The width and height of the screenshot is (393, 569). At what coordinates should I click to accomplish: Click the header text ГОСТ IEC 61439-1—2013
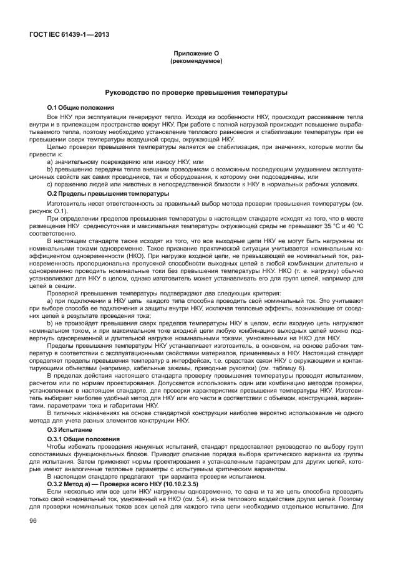tap(68, 34)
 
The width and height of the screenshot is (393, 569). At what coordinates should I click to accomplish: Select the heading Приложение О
tap(196, 54)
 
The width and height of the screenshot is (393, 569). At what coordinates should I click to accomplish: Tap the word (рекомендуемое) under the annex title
tap(196, 62)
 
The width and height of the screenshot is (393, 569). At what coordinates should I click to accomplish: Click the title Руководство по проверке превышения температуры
tap(196, 93)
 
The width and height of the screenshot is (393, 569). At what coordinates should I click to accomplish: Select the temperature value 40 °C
tap(352, 219)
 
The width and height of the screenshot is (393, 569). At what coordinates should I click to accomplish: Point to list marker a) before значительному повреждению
tap(50, 161)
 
